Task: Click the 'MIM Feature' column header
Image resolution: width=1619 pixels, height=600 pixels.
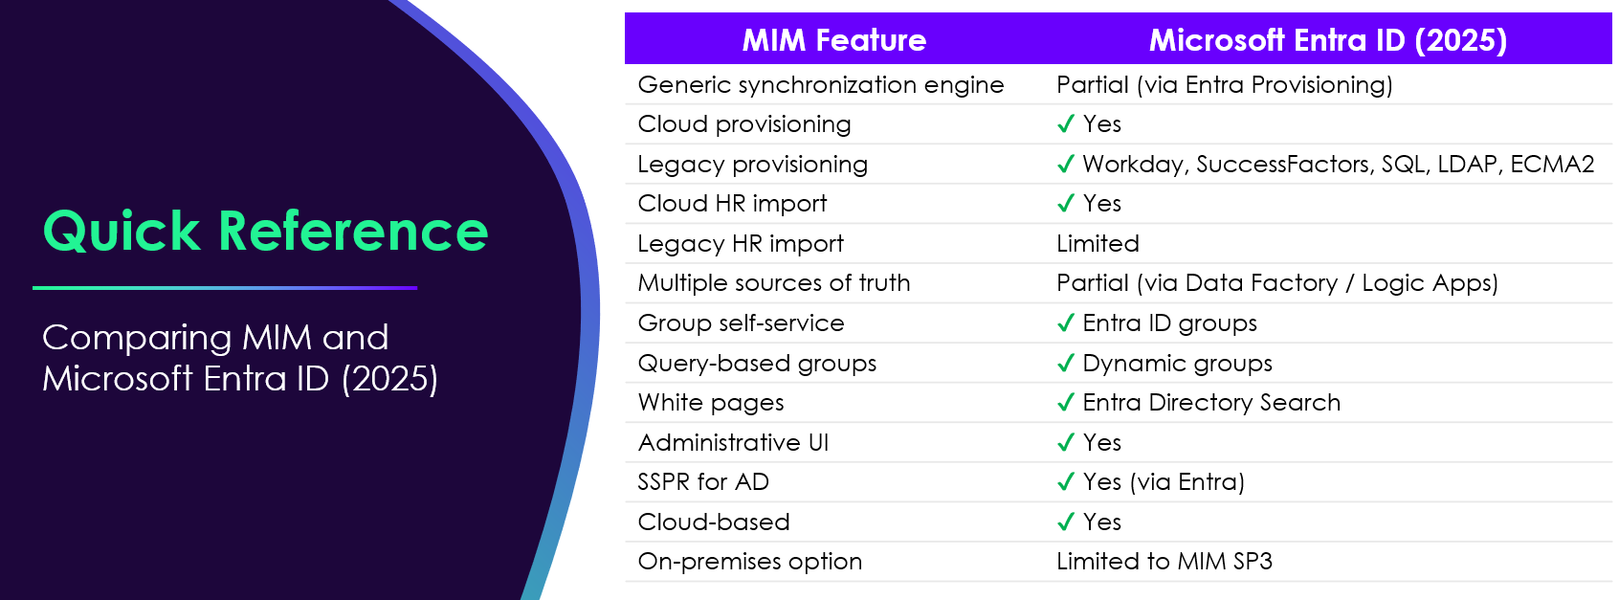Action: coord(833,40)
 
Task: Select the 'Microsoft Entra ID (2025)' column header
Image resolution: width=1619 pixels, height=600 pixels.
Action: coord(1327,40)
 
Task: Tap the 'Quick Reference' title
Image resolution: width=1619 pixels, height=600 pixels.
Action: coord(266,232)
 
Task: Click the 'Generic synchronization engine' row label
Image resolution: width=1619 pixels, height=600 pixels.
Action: coord(820,85)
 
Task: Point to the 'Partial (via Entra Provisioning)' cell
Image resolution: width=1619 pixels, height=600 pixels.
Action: coord(1224,85)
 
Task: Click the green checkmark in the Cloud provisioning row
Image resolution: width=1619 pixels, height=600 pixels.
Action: coord(1065,124)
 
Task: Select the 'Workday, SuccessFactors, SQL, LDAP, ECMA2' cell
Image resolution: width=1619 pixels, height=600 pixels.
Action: coord(1338,165)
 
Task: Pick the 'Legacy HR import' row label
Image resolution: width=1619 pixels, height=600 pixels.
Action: coord(741,244)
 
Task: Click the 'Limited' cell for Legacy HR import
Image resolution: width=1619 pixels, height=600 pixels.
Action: coord(1098,244)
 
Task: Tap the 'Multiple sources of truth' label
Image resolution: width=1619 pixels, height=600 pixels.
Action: coord(773,283)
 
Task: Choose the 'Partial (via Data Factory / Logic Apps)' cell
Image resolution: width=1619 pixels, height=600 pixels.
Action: coord(1276,283)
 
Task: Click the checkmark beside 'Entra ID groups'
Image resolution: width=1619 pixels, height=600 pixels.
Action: coord(1065,323)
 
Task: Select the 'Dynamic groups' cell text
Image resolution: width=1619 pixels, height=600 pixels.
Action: coord(1177,364)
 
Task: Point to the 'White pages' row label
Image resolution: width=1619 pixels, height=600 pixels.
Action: coord(711,403)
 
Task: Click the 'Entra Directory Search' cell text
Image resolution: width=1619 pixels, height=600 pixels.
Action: coord(1210,403)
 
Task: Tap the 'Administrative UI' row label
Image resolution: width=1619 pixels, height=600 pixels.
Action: coord(733,443)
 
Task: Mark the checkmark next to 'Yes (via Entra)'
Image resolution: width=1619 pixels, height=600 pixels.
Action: coord(1065,482)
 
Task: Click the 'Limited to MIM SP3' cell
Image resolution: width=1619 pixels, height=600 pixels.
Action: coord(1164,562)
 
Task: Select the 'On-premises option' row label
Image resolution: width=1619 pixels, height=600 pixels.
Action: coord(749,562)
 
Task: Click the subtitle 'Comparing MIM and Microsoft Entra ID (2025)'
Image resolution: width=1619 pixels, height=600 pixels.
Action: coord(239,358)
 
